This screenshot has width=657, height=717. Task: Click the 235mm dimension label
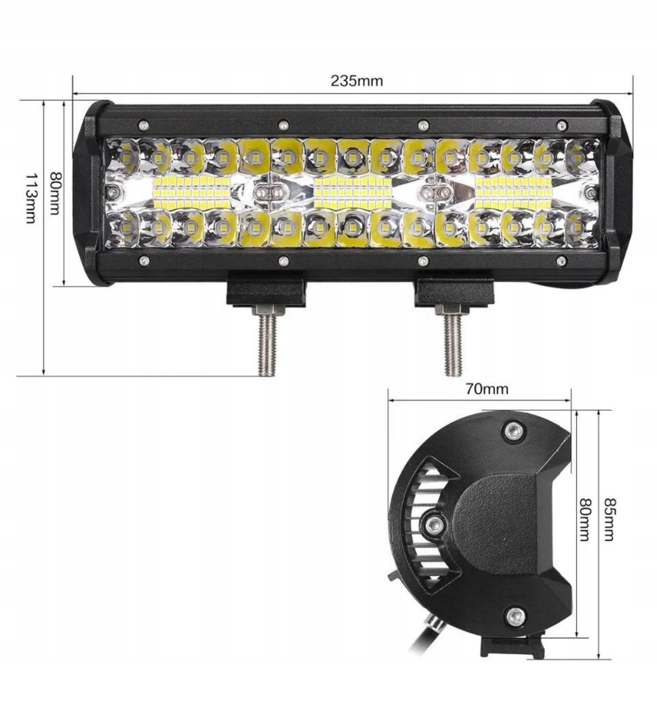pos(357,81)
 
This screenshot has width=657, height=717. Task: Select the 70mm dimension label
pos(487,389)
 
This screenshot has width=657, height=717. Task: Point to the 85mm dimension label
pos(609,519)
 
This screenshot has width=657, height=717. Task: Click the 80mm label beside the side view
pos(583,519)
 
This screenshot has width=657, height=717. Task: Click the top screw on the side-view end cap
pos(513,430)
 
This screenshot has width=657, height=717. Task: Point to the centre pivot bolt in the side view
pos(433,523)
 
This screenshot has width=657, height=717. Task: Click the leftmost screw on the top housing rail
pos(144,124)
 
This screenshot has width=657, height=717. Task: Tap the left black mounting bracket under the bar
pos(265,291)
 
